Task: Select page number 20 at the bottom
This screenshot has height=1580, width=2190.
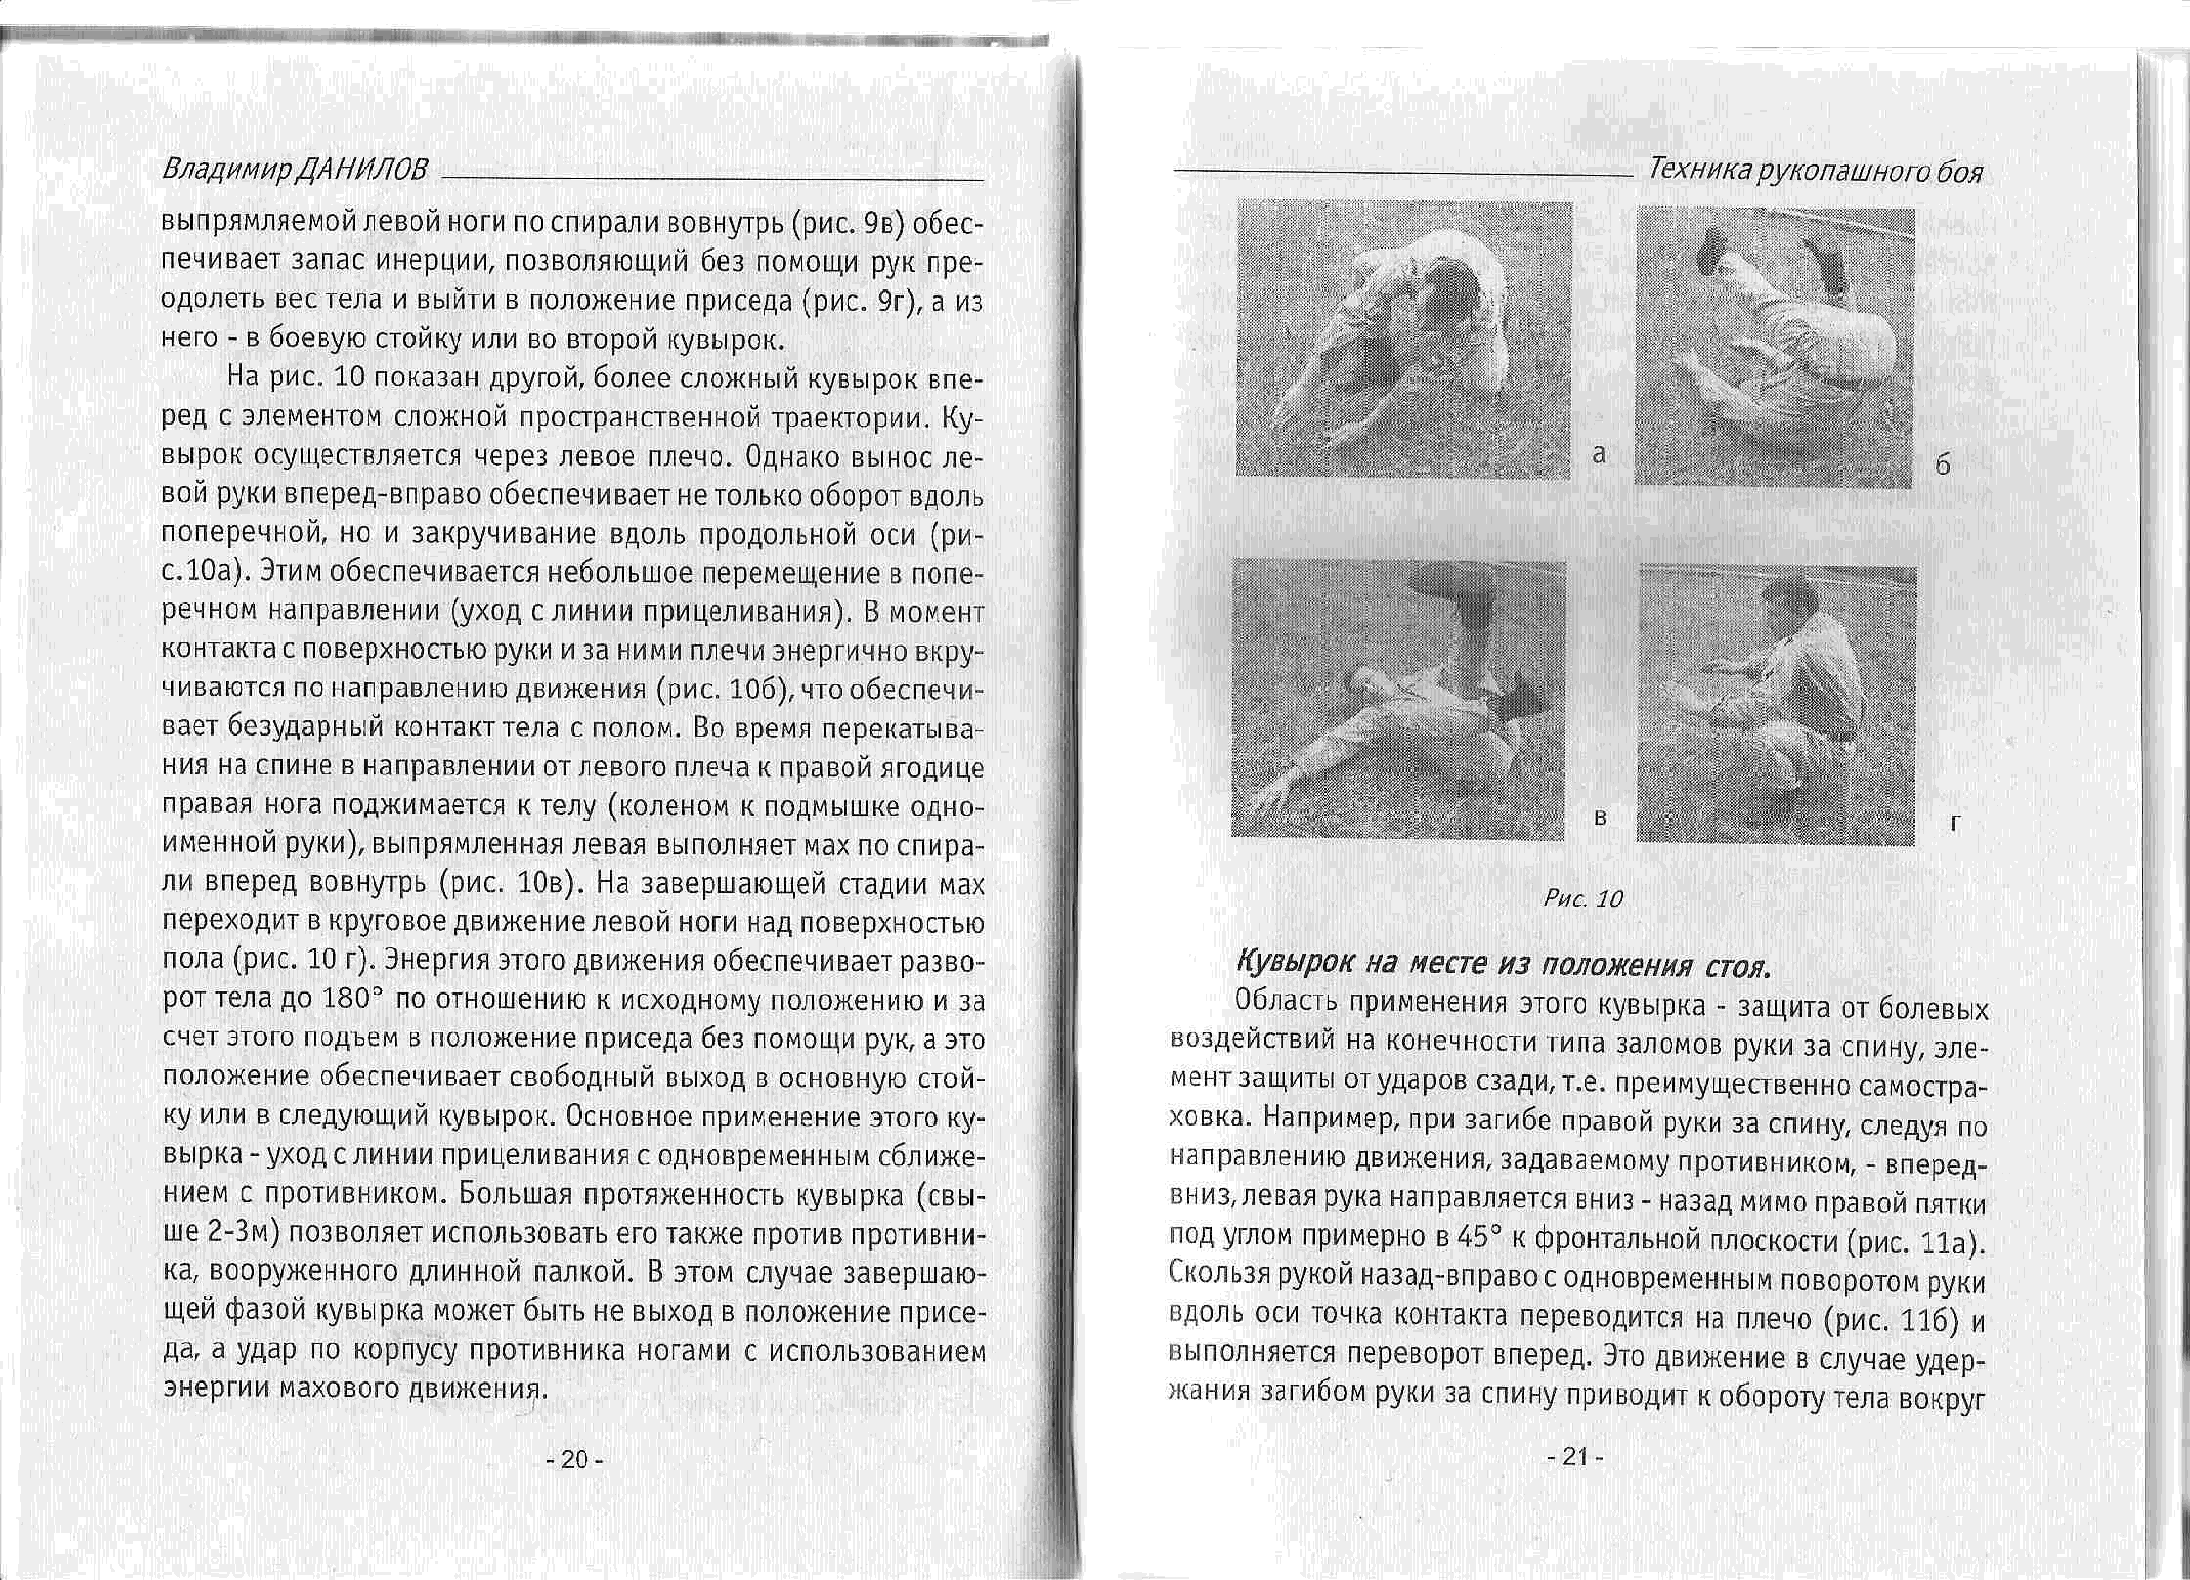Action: click(575, 1458)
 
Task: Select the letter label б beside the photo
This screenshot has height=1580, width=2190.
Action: click(1943, 465)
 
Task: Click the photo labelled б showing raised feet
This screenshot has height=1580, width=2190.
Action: click(1775, 348)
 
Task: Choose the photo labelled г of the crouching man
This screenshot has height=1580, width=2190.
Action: click(1777, 705)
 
